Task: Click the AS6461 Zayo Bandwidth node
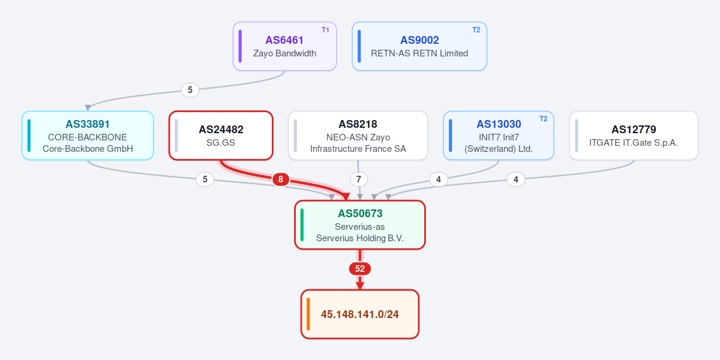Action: (285, 46)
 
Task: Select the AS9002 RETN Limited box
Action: (419, 46)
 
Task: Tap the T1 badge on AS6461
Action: (325, 30)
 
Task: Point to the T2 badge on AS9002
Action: (476, 30)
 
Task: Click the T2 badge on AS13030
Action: (543, 119)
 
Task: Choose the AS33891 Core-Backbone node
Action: (88, 136)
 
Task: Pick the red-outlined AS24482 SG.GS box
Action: (221, 136)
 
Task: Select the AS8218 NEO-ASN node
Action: (358, 136)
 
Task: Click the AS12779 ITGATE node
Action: (634, 136)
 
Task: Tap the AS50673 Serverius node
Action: (360, 225)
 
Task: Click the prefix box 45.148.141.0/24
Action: (360, 314)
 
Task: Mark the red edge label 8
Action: (281, 179)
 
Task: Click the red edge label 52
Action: (360, 269)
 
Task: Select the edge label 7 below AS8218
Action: (359, 179)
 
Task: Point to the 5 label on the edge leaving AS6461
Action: (190, 89)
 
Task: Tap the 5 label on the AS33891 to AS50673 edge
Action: (205, 179)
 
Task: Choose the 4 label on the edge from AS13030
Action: (439, 179)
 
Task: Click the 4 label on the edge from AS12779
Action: (516, 179)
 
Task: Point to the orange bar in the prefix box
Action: (308, 314)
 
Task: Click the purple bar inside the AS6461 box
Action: (240, 46)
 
